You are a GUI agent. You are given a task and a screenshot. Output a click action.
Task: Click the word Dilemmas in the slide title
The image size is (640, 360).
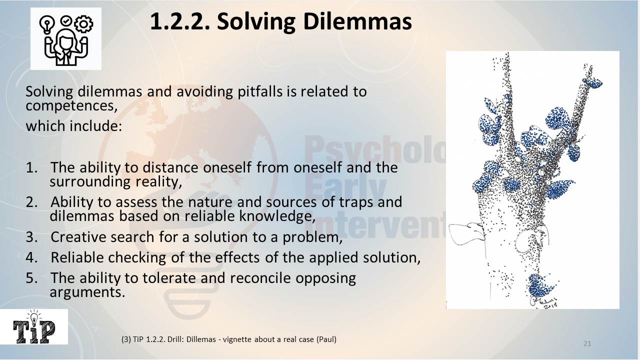(314, 22)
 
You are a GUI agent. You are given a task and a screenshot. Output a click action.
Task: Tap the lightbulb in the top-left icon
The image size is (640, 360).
(47, 25)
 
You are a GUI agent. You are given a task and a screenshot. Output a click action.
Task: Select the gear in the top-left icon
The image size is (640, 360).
(83, 24)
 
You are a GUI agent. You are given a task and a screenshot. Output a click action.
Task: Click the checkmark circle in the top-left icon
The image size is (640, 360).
(66, 21)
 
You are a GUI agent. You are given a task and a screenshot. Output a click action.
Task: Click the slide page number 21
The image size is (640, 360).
(587, 343)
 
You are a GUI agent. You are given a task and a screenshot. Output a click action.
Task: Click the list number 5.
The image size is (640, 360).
(31, 278)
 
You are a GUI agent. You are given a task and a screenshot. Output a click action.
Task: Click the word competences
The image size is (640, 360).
(71, 106)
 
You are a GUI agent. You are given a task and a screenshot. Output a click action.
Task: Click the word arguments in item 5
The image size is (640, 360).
(87, 292)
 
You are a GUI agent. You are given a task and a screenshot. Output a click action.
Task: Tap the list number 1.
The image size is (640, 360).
(31, 167)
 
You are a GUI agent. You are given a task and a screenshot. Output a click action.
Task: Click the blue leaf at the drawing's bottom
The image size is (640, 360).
(541, 285)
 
